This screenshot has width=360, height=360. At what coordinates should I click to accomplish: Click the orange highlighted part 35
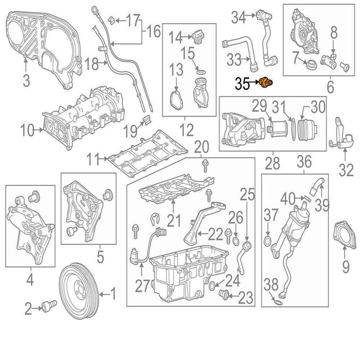coord(267,82)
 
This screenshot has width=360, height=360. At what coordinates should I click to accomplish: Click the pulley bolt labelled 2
coord(49,307)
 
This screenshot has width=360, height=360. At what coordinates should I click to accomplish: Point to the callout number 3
coord(26,81)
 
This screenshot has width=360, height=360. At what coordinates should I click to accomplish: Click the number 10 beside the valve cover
coord(27,131)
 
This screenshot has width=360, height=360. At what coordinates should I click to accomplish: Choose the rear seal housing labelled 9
coord(345,234)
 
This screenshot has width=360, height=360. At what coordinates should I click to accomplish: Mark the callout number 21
coord(174,221)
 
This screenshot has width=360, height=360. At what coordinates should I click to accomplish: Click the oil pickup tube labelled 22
coord(191,225)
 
